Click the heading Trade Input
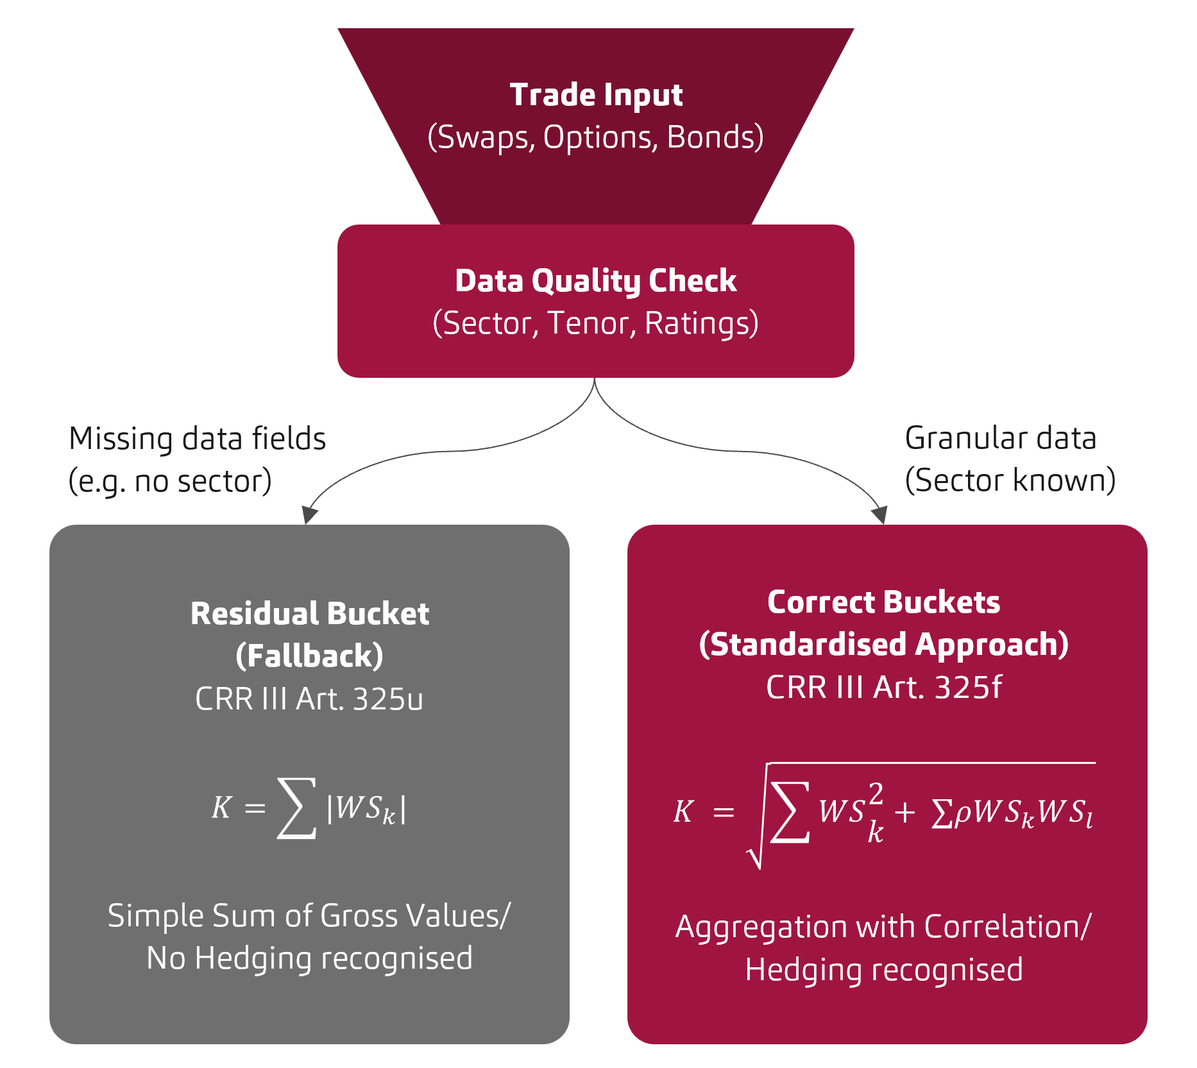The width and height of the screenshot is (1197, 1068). coord(596,95)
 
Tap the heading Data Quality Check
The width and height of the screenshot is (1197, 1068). coord(596,281)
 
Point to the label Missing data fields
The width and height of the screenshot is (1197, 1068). coord(198,439)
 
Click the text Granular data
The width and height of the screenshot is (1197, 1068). coord(1000,438)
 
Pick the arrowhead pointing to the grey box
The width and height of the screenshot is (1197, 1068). coord(310,514)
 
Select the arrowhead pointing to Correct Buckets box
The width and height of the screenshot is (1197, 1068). coord(879,514)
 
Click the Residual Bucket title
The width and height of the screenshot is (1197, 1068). coord(310,613)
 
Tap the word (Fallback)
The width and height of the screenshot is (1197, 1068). coord(310,656)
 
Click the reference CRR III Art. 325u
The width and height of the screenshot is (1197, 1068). coord(309,699)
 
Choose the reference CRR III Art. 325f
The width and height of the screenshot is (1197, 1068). coord(883,687)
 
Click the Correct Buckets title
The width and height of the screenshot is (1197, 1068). coord(883,602)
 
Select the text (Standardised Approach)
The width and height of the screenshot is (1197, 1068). coord(883,644)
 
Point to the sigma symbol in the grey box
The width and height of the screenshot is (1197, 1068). coord(296,808)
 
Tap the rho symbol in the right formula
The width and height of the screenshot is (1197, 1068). coord(963,813)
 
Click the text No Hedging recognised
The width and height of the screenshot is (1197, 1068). coord(310,958)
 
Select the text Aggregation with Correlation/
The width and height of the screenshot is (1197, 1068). coord(883,927)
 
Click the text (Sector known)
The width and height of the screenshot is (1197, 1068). coord(1010,480)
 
